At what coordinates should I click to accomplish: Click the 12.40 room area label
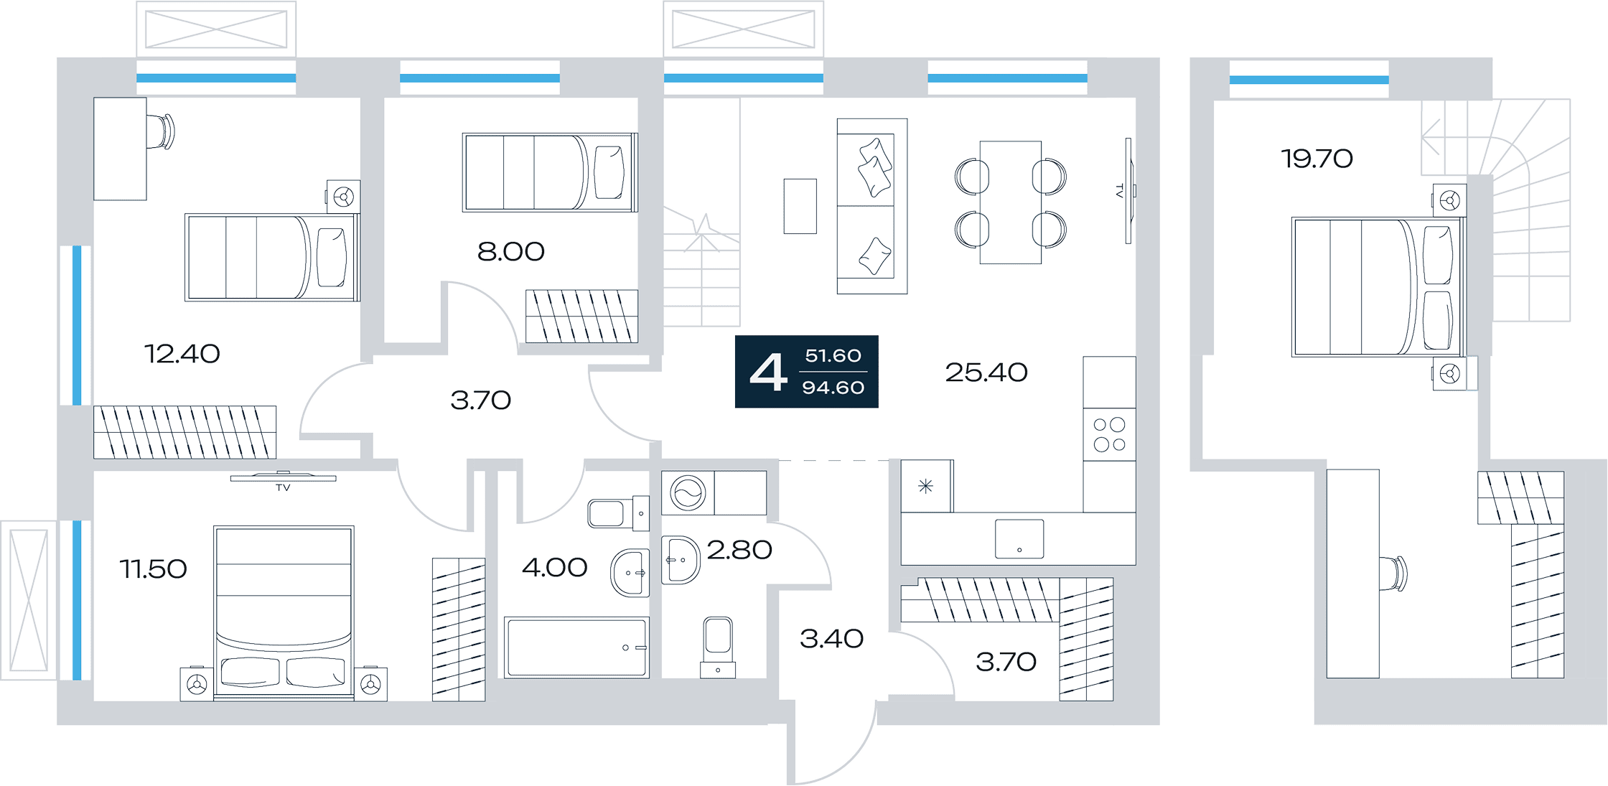pyautogui.click(x=182, y=354)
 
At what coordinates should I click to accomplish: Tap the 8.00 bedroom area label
pyautogui.click(x=511, y=252)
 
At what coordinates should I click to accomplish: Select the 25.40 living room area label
pyautogui.click(x=986, y=373)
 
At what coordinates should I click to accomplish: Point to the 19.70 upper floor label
pyautogui.click(x=1317, y=159)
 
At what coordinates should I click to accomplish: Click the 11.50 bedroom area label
pyautogui.click(x=153, y=569)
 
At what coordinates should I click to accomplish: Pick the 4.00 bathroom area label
pyautogui.click(x=555, y=568)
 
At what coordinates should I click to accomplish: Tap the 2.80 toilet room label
pyautogui.click(x=739, y=551)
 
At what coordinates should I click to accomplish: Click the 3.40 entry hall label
pyautogui.click(x=831, y=639)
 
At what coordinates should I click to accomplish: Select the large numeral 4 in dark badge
pyautogui.click(x=768, y=372)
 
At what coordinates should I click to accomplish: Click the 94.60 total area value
pyautogui.click(x=833, y=388)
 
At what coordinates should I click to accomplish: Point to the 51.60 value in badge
pyautogui.click(x=833, y=356)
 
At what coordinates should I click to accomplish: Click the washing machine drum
pyautogui.click(x=688, y=493)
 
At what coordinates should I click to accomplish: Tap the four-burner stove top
pyautogui.click(x=1109, y=434)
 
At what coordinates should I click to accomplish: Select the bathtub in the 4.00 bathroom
pyautogui.click(x=576, y=647)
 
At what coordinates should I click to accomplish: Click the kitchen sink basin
pyautogui.click(x=1019, y=539)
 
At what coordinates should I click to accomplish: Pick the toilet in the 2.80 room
pyautogui.click(x=718, y=647)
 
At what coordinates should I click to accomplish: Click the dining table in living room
pyautogui.click(x=1011, y=202)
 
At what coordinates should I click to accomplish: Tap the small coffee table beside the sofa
pyautogui.click(x=800, y=207)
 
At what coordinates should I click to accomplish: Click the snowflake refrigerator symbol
pyautogui.click(x=926, y=487)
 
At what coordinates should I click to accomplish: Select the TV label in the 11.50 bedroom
pyautogui.click(x=283, y=488)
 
